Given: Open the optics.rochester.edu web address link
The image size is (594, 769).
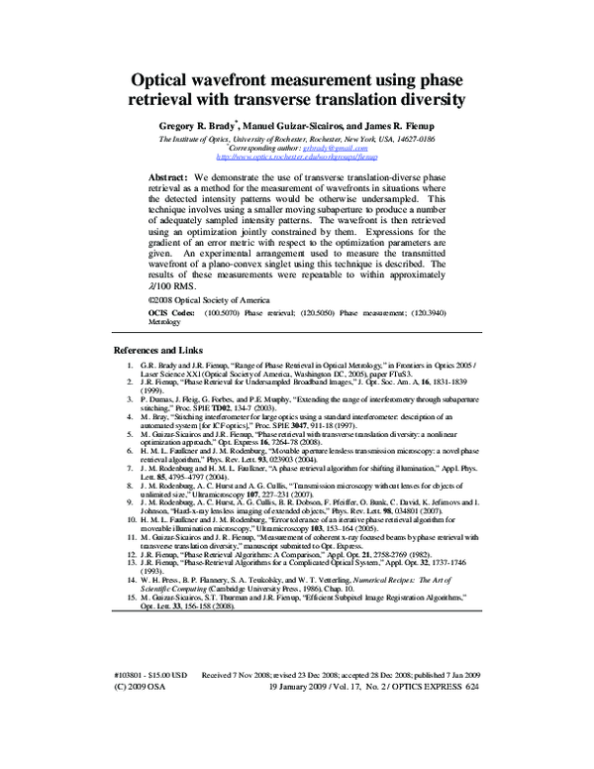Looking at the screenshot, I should pos(296,157).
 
